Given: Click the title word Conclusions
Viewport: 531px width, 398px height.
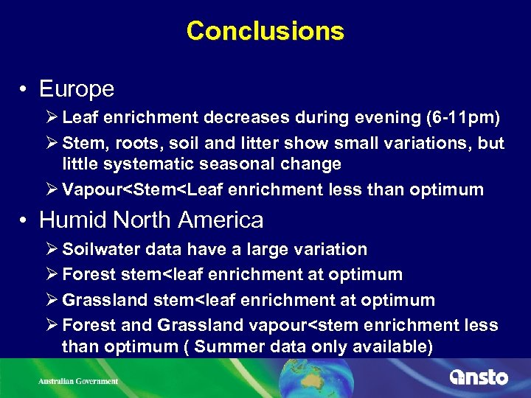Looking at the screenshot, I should pos(265,31).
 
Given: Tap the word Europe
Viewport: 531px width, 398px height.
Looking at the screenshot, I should pos(76,89).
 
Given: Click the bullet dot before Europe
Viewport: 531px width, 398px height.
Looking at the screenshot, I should pos(25,90).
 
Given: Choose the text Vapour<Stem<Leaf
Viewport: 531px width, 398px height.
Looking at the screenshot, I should pos(143,189).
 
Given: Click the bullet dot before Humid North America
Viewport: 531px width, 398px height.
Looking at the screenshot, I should pos(25,220).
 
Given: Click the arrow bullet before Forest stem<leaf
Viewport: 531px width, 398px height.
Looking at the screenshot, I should pos(54,275).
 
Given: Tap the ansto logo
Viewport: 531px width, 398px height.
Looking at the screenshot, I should pos(479,377).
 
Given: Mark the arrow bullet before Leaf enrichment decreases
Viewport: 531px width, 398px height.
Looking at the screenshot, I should pos(54,118).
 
